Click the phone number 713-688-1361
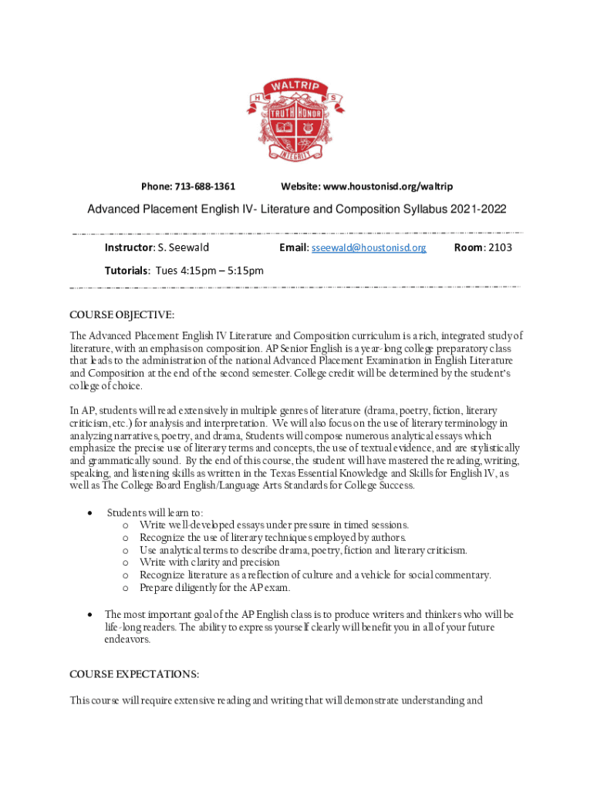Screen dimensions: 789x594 tap(205, 186)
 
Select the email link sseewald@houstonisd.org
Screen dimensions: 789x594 tap(369, 247)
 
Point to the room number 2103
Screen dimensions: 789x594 tap(498, 247)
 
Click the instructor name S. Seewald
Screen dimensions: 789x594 tap(183, 247)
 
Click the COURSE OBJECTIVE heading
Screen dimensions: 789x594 tap(122, 314)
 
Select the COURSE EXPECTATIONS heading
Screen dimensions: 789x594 tap(134, 674)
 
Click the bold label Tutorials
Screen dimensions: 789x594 tap(127, 270)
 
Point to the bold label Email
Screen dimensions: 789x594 tap(292, 247)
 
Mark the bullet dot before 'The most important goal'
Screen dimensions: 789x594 tap(92, 615)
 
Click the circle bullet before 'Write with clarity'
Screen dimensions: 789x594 tap(125, 562)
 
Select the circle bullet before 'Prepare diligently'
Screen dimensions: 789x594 tap(125, 588)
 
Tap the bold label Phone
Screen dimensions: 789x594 tap(155, 186)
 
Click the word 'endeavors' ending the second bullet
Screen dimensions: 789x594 tap(127, 640)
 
